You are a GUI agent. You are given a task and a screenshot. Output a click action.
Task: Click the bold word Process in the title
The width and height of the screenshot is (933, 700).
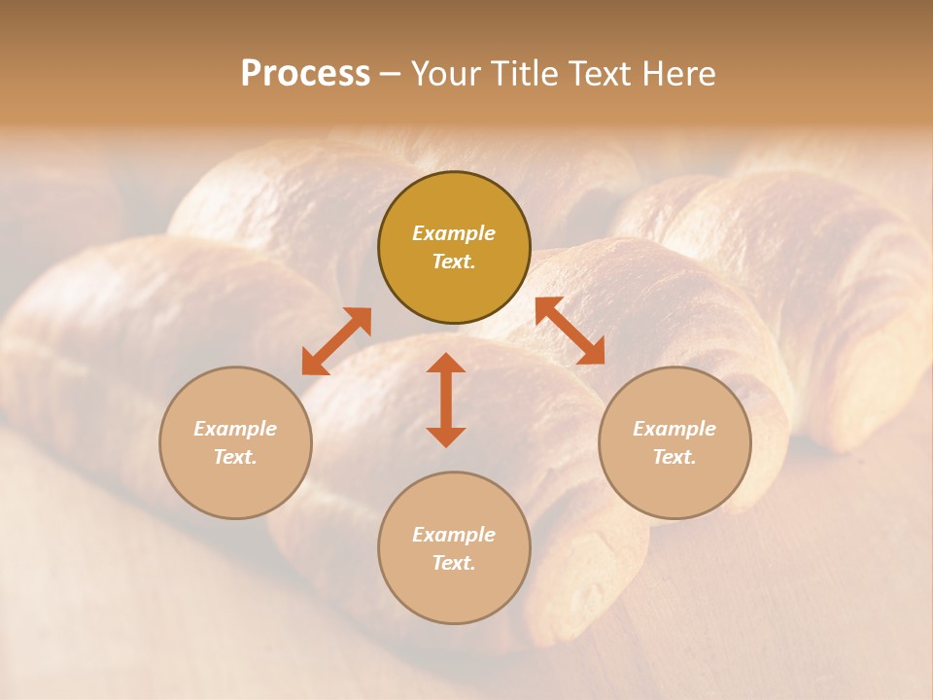click(305, 74)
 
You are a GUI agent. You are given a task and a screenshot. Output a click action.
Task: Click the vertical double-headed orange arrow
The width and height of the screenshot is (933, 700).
click(446, 400)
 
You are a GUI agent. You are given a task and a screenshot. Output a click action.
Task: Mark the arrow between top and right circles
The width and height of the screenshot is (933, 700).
click(570, 331)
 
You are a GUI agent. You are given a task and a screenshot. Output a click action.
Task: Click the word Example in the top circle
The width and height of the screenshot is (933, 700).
click(454, 233)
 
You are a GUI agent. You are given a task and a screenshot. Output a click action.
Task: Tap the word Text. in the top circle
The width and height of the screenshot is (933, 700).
click(454, 262)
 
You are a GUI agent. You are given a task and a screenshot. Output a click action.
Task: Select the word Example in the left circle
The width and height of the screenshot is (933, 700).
click(235, 429)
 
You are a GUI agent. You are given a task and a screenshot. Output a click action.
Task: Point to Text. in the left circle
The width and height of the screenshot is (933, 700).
click(235, 457)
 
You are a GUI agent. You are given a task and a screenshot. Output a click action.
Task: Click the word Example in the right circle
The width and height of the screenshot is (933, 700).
click(674, 429)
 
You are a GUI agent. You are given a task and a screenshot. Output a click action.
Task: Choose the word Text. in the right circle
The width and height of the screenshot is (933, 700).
click(674, 457)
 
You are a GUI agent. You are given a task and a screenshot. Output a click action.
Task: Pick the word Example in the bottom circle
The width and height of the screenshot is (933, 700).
click(454, 535)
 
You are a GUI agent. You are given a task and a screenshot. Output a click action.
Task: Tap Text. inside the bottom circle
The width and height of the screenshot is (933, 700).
click(454, 563)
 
